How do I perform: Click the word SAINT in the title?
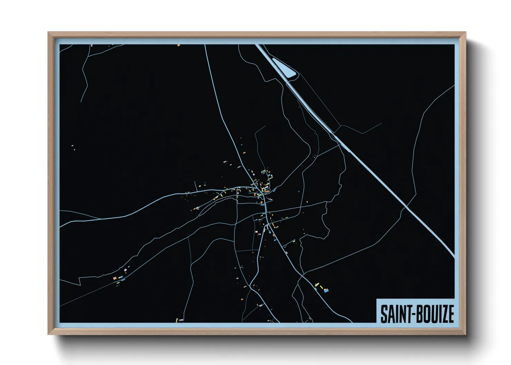[x=394, y=314]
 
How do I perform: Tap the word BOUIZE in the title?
[x=433, y=314]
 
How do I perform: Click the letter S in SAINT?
[x=383, y=314]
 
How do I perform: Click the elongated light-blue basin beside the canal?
[x=284, y=68]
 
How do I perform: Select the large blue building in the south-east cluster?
[x=326, y=291]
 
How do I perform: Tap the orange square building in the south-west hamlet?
[x=115, y=278]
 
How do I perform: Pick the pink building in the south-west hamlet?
[x=125, y=270]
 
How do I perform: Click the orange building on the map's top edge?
[x=179, y=45]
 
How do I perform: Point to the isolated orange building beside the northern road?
[x=244, y=152]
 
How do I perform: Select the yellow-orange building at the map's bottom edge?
[x=177, y=320]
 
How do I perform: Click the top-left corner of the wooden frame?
[x=48, y=32]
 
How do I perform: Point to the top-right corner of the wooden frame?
[x=465, y=32]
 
